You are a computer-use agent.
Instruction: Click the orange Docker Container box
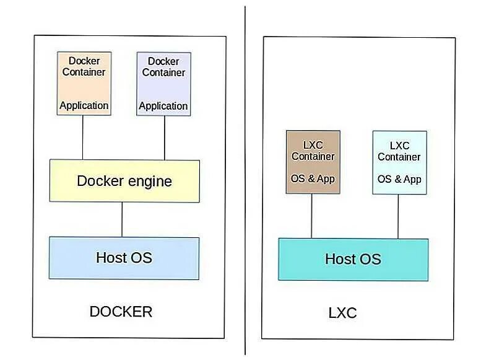[x=84, y=84]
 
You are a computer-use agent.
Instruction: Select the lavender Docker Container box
[x=163, y=84]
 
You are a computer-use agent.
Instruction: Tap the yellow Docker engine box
[x=124, y=181]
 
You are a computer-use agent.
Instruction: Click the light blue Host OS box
[x=124, y=258]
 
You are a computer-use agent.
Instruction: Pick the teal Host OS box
[x=353, y=259]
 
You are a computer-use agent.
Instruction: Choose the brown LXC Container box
[x=313, y=162]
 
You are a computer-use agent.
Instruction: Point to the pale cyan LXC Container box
[x=399, y=162]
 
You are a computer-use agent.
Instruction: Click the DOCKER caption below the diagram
[x=121, y=312]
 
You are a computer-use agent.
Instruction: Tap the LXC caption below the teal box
[x=342, y=313]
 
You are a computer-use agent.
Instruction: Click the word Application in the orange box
[x=84, y=105]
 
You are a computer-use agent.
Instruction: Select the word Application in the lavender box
[x=163, y=106]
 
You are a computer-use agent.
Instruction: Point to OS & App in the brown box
[x=313, y=178]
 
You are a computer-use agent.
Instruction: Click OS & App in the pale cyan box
[x=399, y=179]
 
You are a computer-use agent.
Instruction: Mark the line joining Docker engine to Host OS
[x=122, y=219]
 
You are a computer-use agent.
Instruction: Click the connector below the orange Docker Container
[x=83, y=138]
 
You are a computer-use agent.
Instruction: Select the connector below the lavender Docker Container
[x=164, y=138]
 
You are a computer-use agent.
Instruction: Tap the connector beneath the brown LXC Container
[x=311, y=216]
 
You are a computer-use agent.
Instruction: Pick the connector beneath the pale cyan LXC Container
[x=398, y=216]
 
